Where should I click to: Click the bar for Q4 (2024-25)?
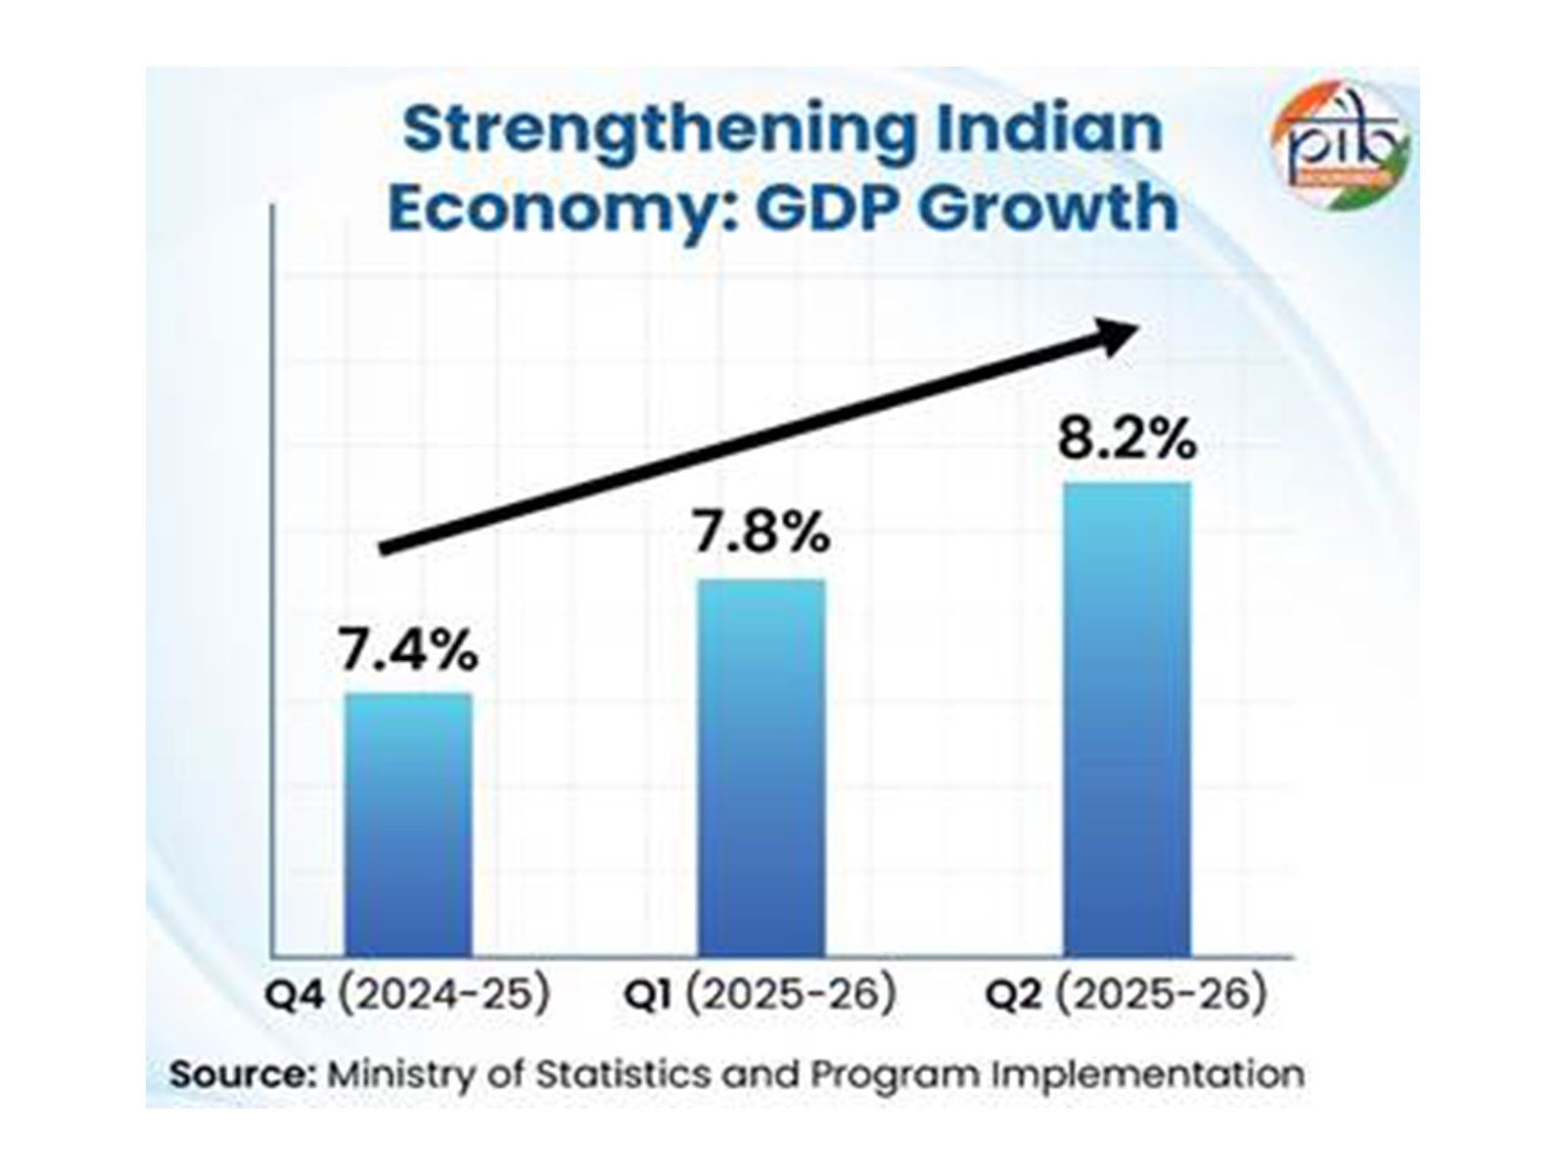coord(407,824)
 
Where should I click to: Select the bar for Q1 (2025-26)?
coord(760,768)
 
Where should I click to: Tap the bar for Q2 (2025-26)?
coord(1127,719)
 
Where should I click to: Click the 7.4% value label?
coord(408,651)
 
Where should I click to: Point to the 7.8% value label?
coord(761,535)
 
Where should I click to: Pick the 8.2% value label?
coord(1127,441)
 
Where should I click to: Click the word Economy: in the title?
coord(549,209)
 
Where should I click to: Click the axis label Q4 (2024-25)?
coord(407,995)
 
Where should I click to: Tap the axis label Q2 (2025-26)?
coord(1126,995)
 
